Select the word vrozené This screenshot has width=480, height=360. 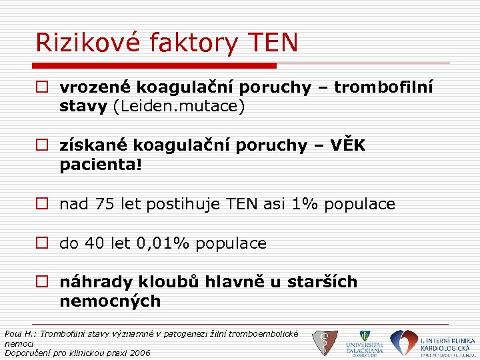(93, 87)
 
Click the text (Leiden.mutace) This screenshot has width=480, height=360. (179, 107)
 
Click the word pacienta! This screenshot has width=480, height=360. (101, 165)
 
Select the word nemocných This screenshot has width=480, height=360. (110, 301)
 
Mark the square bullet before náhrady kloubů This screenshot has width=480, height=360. (43, 283)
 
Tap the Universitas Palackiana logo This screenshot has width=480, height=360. (364, 342)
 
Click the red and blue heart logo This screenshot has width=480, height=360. (403, 342)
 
